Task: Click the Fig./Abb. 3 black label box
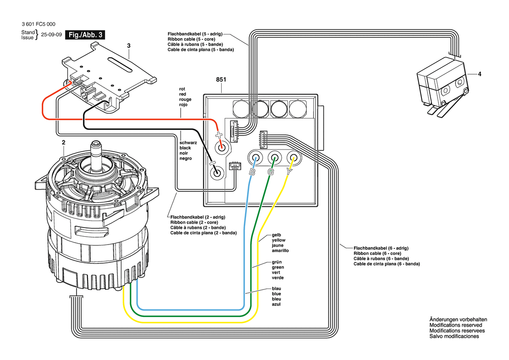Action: [x=85, y=35]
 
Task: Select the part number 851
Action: [x=221, y=80]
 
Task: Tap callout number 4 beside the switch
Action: [x=479, y=74]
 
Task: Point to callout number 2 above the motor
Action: [x=64, y=143]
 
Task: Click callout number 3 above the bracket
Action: [x=129, y=46]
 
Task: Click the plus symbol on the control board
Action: [x=219, y=135]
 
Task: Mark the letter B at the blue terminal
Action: [x=252, y=172]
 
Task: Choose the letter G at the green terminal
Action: [x=271, y=172]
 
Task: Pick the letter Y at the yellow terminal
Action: [x=289, y=171]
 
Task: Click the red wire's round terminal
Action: [x=222, y=149]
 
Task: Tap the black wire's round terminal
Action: [x=217, y=172]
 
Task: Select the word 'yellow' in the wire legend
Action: [x=279, y=240]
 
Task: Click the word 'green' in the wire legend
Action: [x=278, y=268]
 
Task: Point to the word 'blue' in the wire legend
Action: [x=276, y=294]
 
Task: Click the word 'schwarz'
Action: [x=188, y=143]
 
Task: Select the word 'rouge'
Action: [x=185, y=99]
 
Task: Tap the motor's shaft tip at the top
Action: [x=96, y=143]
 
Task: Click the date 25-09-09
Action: [x=51, y=35]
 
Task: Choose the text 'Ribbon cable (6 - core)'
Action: [x=377, y=253]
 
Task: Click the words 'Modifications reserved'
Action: [x=456, y=325]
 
